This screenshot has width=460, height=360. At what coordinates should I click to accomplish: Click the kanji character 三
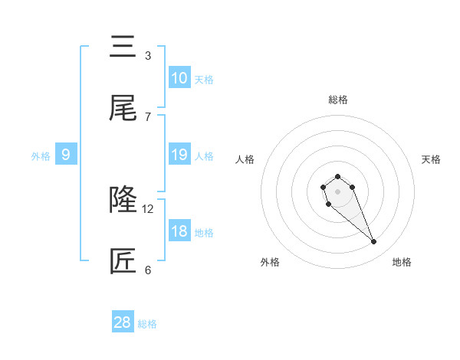[123, 47]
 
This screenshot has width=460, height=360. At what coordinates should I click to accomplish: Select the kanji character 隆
[123, 201]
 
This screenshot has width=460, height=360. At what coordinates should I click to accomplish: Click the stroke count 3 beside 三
[148, 55]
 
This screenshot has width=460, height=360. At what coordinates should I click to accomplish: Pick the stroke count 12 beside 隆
[149, 208]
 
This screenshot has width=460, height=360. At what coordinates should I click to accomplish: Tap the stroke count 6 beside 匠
[148, 270]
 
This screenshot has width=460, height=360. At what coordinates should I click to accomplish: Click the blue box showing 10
[179, 78]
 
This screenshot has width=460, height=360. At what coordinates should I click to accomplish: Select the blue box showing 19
[179, 155]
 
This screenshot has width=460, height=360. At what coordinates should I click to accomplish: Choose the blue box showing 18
[179, 231]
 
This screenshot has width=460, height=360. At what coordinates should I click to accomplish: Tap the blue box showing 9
[66, 155]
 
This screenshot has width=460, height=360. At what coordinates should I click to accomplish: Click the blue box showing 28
[123, 322]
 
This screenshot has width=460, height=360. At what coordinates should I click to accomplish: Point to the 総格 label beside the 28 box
[147, 324]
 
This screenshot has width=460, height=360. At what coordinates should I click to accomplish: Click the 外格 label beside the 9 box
[41, 156]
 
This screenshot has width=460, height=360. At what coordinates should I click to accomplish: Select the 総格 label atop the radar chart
[337, 100]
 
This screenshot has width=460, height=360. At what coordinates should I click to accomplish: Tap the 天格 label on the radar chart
[431, 159]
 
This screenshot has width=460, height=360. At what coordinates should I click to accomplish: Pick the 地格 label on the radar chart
[402, 262]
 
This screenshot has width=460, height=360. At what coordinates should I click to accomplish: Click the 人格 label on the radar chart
[245, 159]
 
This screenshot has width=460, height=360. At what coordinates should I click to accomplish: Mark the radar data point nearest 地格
[374, 242]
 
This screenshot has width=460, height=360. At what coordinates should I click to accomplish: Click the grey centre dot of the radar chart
[337, 190]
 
